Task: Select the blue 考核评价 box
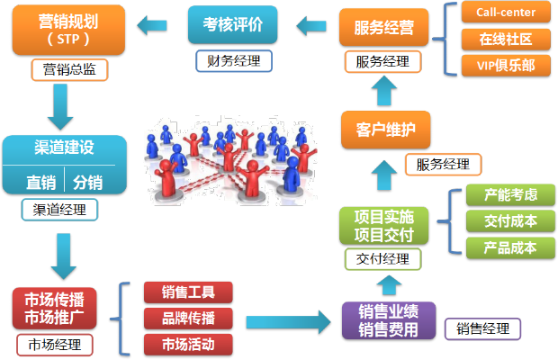pyautogui.click(x=232, y=24)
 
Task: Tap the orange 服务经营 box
pyautogui.click(x=383, y=27)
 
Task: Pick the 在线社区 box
pyautogui.click(x=505, y=39)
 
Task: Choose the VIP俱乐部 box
pyautogui.click(x=505, y=65)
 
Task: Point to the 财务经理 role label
pyautogui.click(x=232, y=61)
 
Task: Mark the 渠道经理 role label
pyautogui.click(x=59, y=211)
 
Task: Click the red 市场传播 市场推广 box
pyautogui.click(x=55, y=308)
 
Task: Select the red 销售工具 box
pyautogui.click(x=188, y=292)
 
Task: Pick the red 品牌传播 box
pyautogui.click(x=188, y=318)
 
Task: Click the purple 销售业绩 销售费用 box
pyautogui.click(x=388, y=320)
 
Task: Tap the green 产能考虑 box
pyautogui.click(x=510, y=195)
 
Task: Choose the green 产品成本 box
pyautogui.click(x=510, y=247)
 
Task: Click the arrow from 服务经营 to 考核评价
pyautogui.click(x=311, y=25)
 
